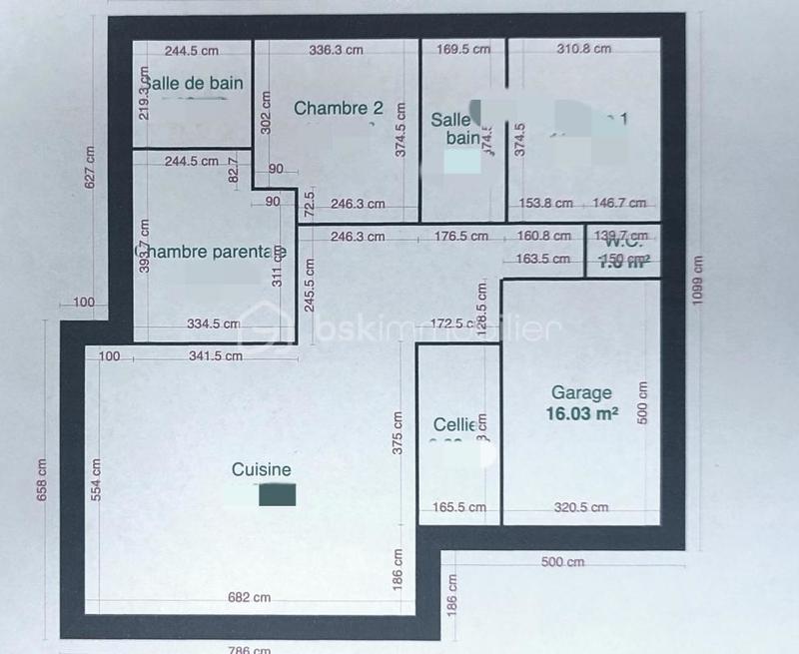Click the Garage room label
pyautogui.click(x=581, y=393)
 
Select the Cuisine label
pyautogui.click(x=262, y=469)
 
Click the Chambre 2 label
pyautogui.click(x=339, y=108)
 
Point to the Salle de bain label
pyautogui.click(x=194, y=84)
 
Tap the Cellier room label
pyautogui.click(x=454, y=424)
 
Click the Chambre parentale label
pyautogui.click(x=205, y=251)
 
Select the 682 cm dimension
pyautogui.click(x=250, y=597)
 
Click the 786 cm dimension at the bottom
pyautogui.click(x=250, y=649)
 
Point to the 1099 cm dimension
pyautogui.click(x=698, y=282)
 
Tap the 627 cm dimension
pyautogui.click(x=89, y=168)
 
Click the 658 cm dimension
pyautogui.click(x=42, y=480)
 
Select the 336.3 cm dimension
pyautogui.click(x=337, y=50)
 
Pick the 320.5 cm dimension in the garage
pyautogui.click(x=581, y=507)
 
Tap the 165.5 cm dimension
pyautogui.click(x=458, y=507)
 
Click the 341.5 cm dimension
pyautogui.click(x=215, y=355)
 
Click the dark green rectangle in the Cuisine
pyautogui.click(x=277, y=494)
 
